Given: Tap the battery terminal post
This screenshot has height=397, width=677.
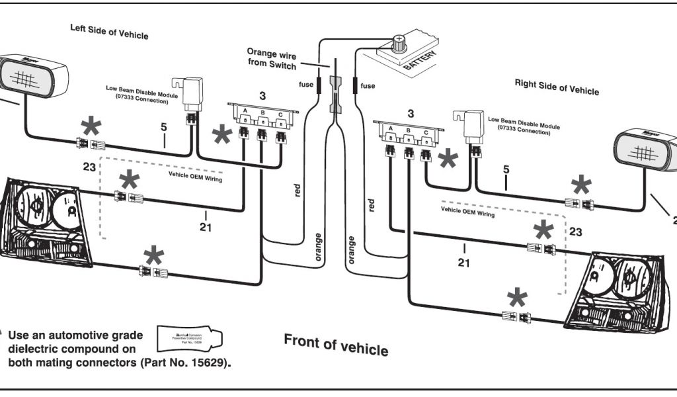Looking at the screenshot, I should click(x=399, y=42).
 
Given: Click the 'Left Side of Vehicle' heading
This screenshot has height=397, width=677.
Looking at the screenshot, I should click(x=109, y=31).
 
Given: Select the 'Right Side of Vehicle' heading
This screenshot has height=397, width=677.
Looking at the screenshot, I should click(x=557, y=87).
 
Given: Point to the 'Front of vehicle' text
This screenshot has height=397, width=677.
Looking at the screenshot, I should click(x=336, y=344).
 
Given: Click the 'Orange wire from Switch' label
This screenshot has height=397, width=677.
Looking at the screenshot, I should click(x=272, y=57).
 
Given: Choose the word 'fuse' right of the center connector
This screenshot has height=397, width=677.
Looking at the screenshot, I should click(x=368, y=85).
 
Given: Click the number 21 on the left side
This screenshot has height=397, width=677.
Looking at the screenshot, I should click(x=206, y=228).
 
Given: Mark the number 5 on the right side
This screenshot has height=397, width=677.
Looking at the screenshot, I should click(x=506, y=170).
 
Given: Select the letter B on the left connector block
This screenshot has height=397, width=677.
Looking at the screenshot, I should click(x=262, y=112).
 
